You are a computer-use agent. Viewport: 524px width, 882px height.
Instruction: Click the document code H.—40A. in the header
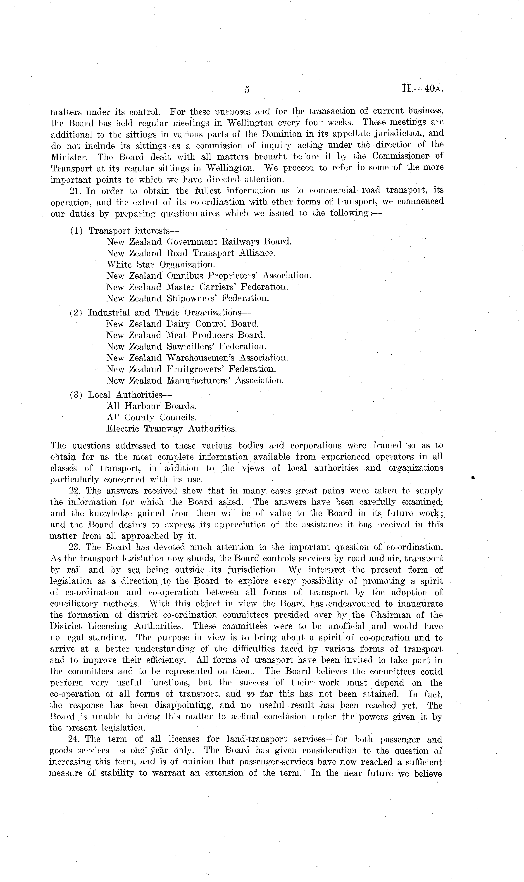point(422,88)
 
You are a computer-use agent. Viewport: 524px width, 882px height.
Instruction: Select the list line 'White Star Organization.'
point(161,264)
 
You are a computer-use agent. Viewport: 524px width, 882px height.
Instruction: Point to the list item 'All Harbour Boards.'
point(151,406)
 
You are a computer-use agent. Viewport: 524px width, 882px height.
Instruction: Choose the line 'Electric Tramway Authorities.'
point(171,429)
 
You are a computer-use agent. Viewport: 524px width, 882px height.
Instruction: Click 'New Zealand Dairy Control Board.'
point(183,324)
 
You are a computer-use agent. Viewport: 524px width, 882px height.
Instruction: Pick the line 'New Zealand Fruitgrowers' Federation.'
point(191,369)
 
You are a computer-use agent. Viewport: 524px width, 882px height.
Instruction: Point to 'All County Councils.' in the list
point(152,417)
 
